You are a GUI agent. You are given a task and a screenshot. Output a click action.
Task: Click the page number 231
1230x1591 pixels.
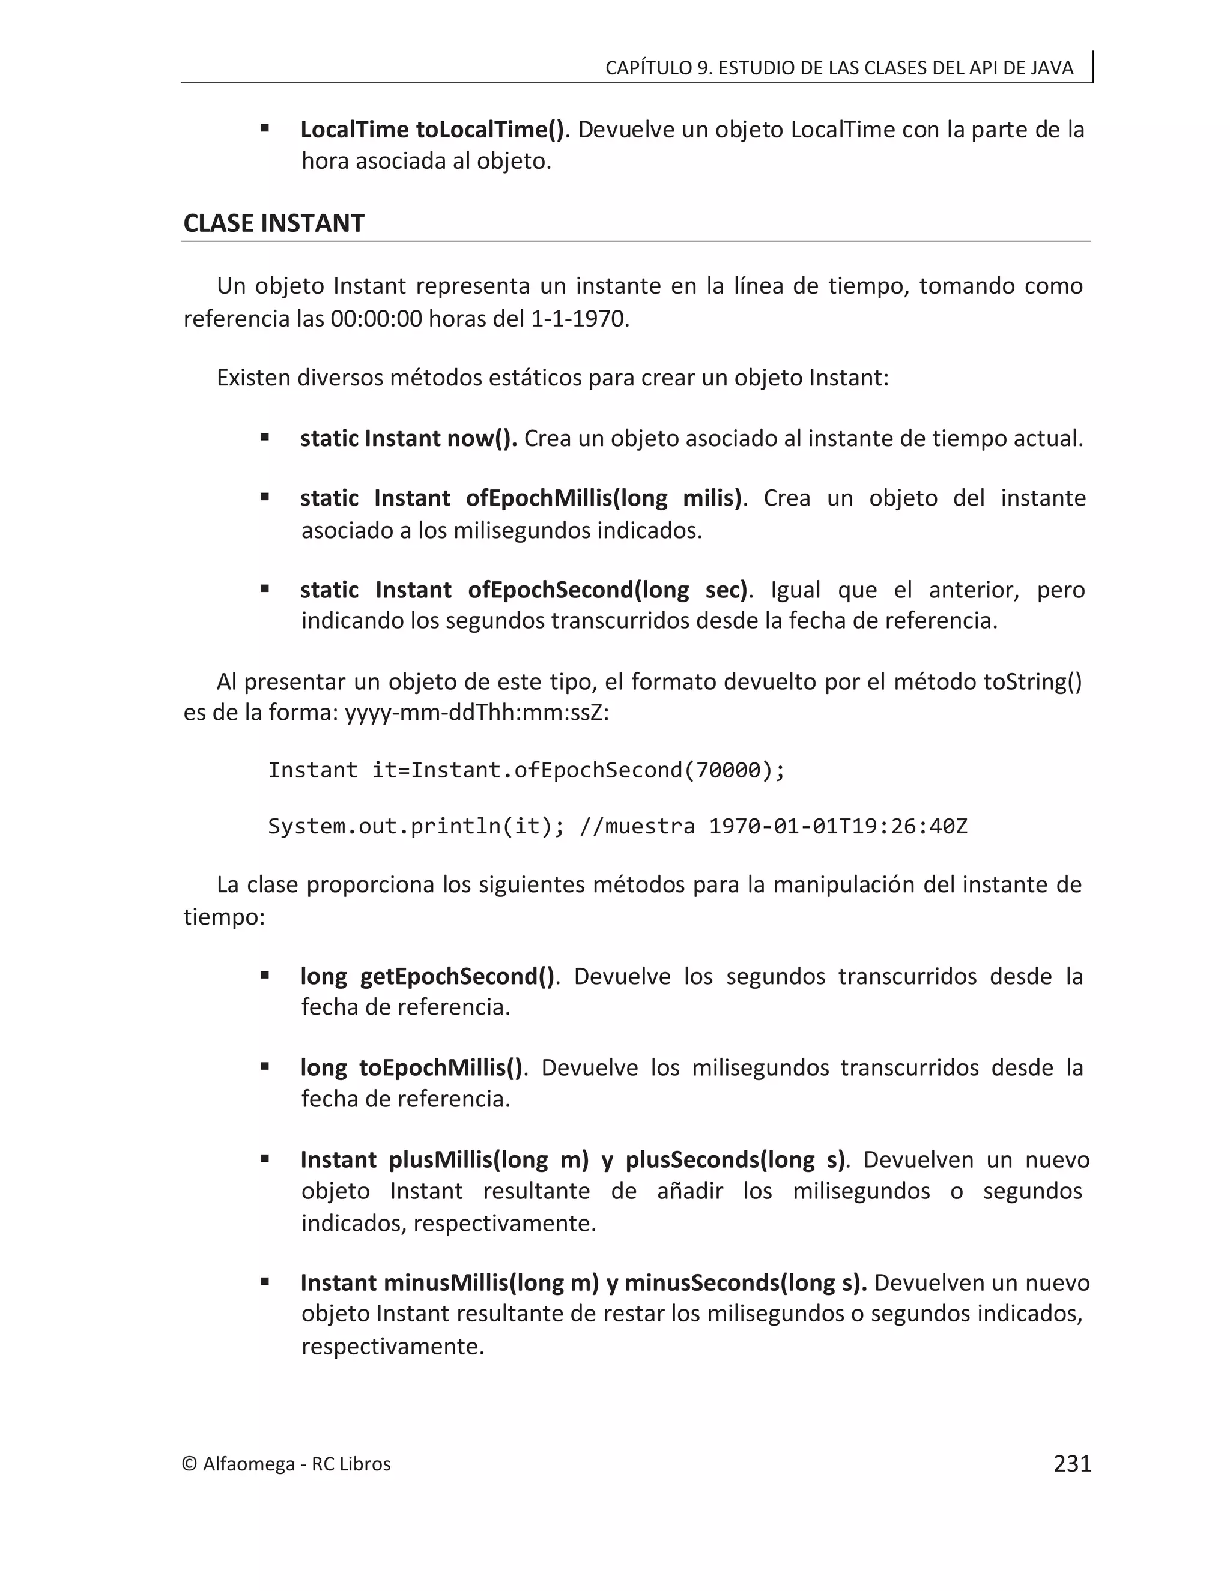coord(1072,1464)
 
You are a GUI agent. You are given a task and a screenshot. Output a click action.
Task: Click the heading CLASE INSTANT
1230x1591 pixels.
coord(273,223)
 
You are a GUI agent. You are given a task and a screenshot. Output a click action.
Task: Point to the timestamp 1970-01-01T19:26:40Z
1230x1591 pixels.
coord(838,826)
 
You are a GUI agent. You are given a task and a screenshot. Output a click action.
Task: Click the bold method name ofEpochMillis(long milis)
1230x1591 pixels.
coord(604,498)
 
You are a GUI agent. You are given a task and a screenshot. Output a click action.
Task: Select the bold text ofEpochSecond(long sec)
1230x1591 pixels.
coord(608,590)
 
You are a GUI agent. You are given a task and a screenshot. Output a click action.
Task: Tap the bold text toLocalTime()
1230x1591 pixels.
coord(489,130)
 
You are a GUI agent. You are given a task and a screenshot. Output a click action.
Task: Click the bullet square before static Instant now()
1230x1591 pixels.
coord(265,437)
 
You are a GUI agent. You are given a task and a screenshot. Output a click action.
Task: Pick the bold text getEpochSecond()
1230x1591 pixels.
coord(457,976)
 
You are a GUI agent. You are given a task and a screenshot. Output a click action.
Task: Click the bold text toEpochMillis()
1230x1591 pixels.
coord(441,1068)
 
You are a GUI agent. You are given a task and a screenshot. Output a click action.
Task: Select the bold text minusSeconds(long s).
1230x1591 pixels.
coord(745,1283)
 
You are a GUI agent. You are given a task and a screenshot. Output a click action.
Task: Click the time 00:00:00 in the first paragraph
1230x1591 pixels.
coord(376,319)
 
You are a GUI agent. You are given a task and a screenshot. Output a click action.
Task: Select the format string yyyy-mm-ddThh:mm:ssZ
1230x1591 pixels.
coord(476,713)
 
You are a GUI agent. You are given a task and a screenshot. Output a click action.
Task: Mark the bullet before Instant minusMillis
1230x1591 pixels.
coord(265,1281)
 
